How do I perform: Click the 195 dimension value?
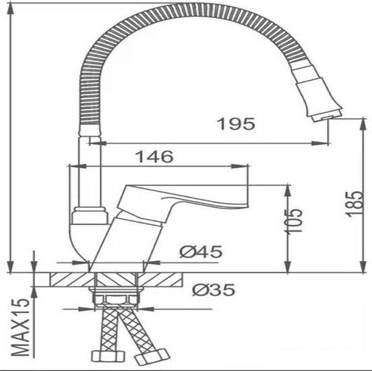point(237,123)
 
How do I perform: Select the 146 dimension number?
point(155,156)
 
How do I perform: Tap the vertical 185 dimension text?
point(354,204)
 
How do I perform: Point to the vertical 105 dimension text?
point(294,221)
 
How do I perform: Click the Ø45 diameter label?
point(201,252)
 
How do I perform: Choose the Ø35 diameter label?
point(214,290)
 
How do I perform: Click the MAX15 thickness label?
point(21,328)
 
